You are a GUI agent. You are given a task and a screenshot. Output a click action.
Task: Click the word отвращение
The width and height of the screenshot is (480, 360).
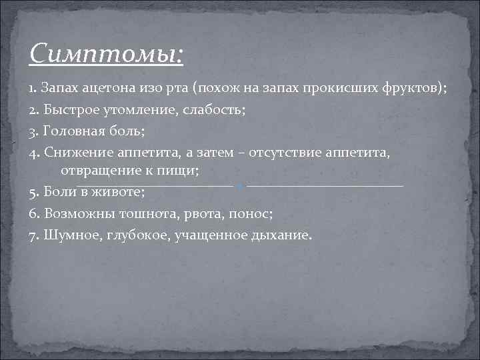(x=97, y=171)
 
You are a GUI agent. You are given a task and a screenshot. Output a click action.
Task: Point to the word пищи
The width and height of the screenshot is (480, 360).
(x=180, y=171)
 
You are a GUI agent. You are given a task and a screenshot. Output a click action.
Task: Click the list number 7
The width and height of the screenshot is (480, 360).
(x=34, y=235)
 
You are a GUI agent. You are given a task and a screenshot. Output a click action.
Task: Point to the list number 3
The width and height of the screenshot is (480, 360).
(x=34, y=131)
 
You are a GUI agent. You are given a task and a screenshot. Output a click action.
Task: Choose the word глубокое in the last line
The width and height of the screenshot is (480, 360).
(x=133, y=235)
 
